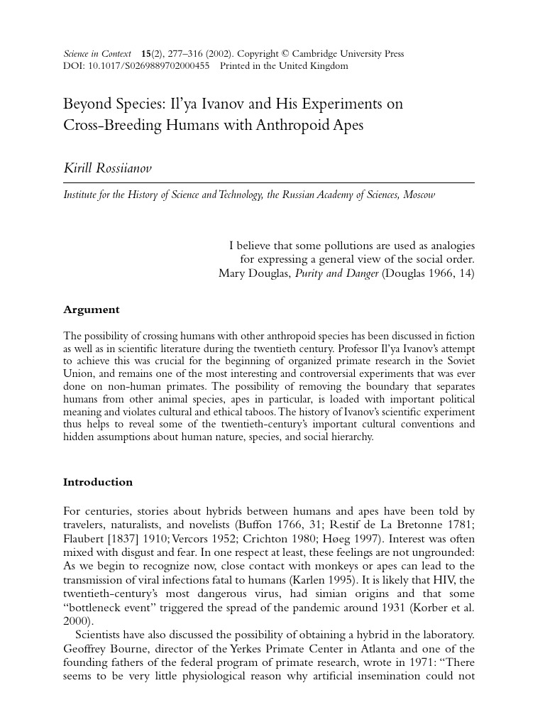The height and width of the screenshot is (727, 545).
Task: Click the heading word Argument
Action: point(92,310)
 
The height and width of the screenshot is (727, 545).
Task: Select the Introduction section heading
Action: point(98,482)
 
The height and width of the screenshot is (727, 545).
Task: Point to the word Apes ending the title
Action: point(346,125)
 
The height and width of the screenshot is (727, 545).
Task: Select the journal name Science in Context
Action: point(98,53)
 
